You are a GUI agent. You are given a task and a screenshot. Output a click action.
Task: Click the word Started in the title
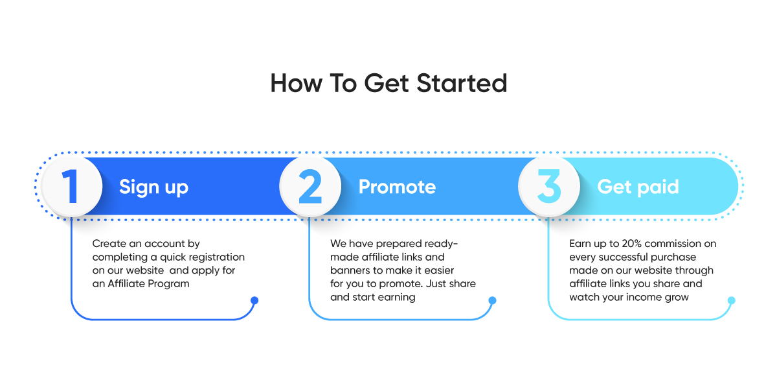point(462,84)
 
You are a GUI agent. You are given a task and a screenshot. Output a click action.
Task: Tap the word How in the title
point(297,84)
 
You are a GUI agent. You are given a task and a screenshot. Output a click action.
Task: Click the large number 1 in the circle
point(71,187)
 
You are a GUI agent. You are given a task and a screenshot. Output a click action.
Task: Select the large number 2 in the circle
point(310,186)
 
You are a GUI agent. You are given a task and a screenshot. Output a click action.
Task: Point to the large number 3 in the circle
point(549,186)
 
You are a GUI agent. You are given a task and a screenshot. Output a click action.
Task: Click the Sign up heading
point(153,187)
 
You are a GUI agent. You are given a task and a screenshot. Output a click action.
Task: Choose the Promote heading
point(397,187)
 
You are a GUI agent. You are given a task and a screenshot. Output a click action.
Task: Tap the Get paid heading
point(638,187)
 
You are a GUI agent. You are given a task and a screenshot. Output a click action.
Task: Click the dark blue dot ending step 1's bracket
point(254,300)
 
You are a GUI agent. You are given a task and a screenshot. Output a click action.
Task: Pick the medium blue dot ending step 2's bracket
point(492,300)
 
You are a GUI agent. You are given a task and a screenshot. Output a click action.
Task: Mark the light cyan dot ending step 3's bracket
point(732,300)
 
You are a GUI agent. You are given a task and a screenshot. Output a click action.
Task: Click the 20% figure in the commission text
point(632,244)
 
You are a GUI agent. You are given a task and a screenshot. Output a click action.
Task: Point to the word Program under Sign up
point(168,284)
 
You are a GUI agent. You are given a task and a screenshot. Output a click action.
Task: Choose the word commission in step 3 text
point(673,244)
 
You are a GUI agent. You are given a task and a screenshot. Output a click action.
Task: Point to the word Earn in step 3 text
point(580,244)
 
